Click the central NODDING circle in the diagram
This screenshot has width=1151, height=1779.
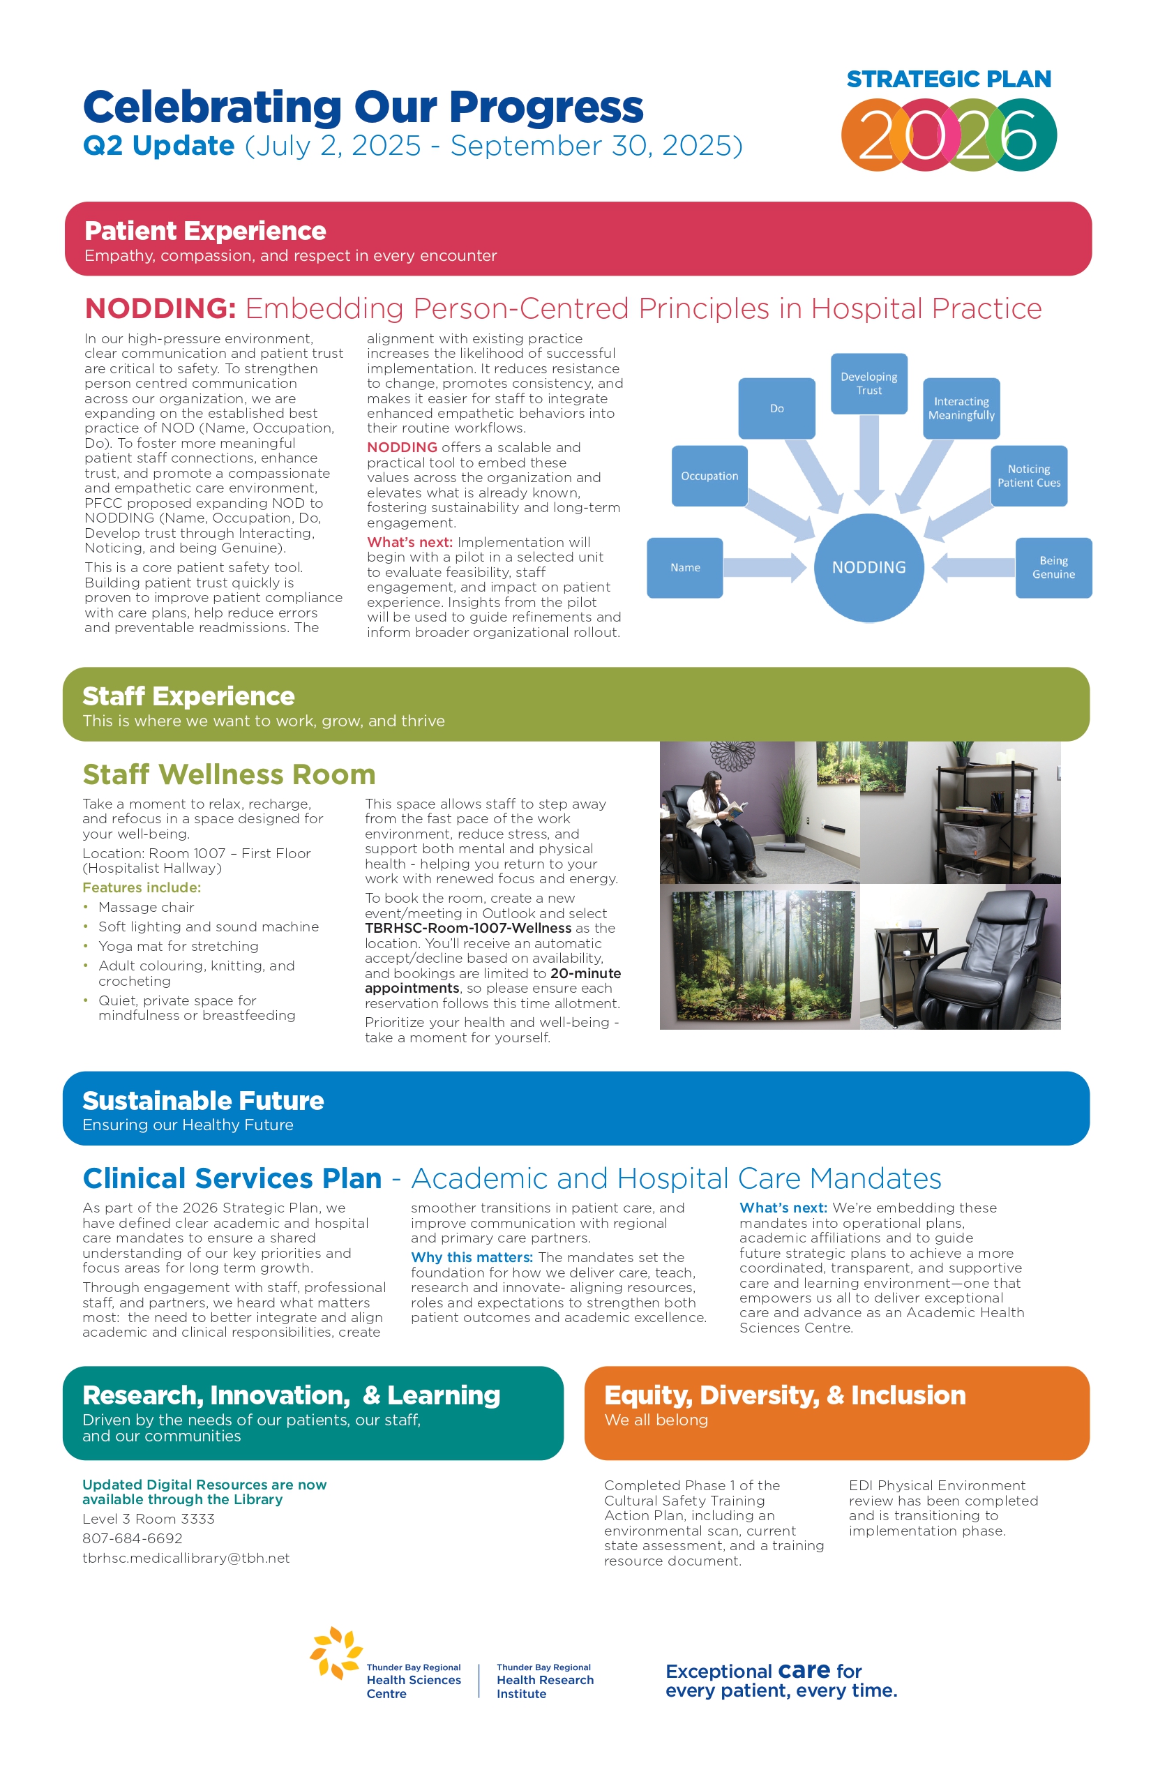coord(868,567)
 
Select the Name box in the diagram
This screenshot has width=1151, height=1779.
coord(684,567)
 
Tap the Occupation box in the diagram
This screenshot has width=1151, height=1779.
coord(709,476)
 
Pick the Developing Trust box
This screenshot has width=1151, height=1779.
coord(868,384)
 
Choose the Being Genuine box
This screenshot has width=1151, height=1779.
coord(1053,567)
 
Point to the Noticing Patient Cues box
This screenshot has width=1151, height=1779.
coord(1028,476)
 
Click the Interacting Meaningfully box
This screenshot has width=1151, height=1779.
coord(961,408)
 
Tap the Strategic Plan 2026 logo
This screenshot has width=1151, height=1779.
coord(949,119)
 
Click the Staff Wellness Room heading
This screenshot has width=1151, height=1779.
coord(229,774)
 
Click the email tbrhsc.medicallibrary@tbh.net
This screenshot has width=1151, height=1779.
coord(186,1558)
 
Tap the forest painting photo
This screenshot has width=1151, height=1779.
coord(760,956)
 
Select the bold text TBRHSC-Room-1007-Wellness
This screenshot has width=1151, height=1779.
coord(468,929)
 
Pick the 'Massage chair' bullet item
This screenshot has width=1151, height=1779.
coord(146,908)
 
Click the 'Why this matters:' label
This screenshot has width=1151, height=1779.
coord(472,1257)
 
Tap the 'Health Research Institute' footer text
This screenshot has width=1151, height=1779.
coord(545,1681)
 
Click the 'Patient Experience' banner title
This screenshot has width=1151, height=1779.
coord(205,231)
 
